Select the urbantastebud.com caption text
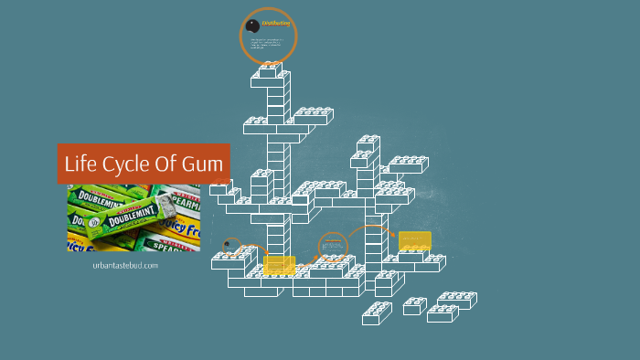pos(125,265)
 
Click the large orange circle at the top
pos(268,37)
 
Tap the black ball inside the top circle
pos(252,25)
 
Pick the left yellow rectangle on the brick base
pos(279,265)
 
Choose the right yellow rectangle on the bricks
pos(414,241)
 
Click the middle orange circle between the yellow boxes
pos(333,247)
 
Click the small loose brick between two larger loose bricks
pos(415,306)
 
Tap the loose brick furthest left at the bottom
pos(377,313)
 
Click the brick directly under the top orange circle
pos(270,72)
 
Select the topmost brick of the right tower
pos(368,143)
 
